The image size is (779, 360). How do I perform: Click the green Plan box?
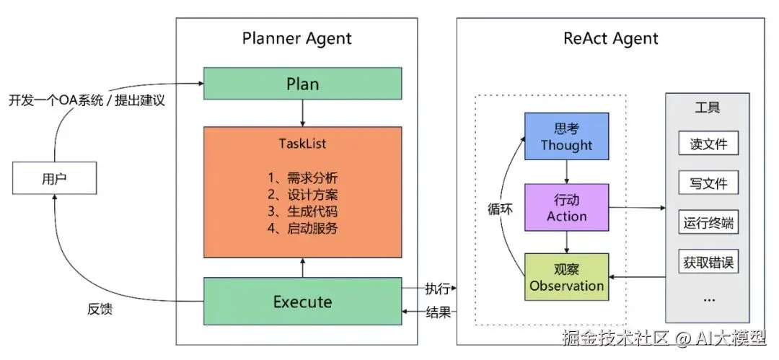(302, 84)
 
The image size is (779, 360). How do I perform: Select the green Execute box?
(302, 302)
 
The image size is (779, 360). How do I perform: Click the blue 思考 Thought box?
(567, 136)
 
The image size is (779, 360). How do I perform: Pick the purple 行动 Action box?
(567, 207)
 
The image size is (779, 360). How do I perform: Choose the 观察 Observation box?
(567, 277)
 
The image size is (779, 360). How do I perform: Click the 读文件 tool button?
(708, 144)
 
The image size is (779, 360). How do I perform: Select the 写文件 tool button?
(708, 183)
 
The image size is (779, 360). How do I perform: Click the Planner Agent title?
(297, 38)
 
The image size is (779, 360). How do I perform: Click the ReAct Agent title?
(611, 38)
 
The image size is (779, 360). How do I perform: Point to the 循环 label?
(501, 209)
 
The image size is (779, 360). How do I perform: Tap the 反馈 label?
(100, 309)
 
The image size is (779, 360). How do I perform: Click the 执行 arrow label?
(439, 289)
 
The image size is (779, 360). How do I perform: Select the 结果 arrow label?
(439, 312)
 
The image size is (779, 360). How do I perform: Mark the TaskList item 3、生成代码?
(302, 211)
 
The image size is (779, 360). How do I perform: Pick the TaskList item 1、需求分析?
(302, 177)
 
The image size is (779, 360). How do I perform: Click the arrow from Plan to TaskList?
(302, 113)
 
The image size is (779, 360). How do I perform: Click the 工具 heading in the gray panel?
(708, 107)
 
